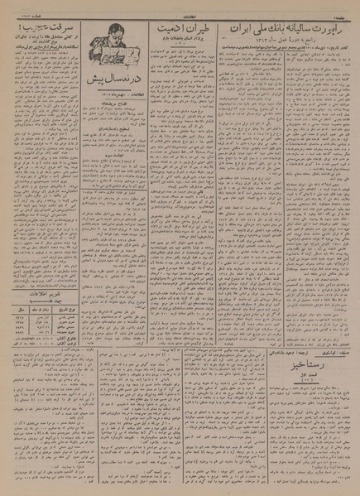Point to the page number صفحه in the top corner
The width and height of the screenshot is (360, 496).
[345, 5]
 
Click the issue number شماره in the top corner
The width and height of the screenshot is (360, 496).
[17, 5]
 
